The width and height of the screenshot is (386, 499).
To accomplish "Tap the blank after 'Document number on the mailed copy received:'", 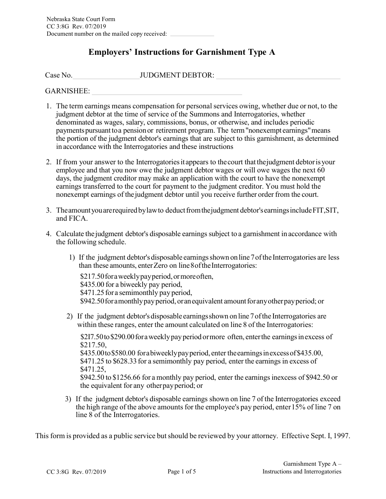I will pyautogui.click(x=191, y=34).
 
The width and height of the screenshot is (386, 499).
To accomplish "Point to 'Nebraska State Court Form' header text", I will pyautogui.click(x=81, y=19).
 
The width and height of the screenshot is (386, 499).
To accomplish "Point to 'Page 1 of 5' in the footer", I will pyautogui.click(x=182, y=471).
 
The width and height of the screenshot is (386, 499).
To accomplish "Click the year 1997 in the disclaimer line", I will pyautogui.click(x=341, y=436).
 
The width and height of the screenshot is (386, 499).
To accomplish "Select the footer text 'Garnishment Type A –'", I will pyautogui.click(x=312, y=464).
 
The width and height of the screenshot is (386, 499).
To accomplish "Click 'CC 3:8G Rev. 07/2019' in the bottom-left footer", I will pyautogui.click(x=77, y=472).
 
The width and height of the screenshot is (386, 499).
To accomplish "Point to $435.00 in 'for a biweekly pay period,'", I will pyautogui.click(x=92, y=284).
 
